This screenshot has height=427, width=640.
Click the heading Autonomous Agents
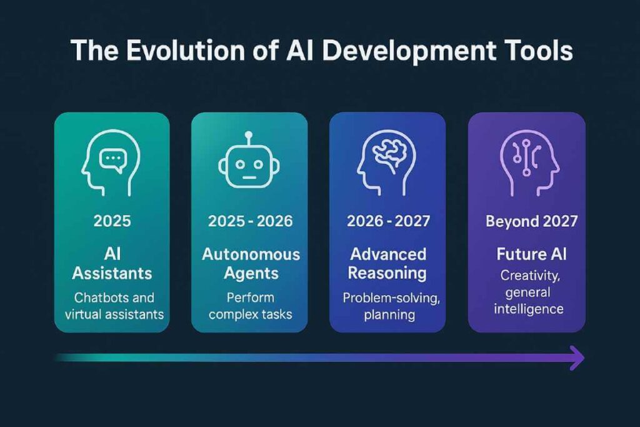(x=250, y=264)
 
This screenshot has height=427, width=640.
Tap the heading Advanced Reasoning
(x=387, y=264)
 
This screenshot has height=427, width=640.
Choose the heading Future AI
(x=526, y=255)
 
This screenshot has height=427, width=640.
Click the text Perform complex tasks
(x=250, y=306)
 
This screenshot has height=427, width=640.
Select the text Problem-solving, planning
(x=387, y=306)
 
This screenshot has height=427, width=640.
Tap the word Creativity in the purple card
(x=526, y=276)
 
